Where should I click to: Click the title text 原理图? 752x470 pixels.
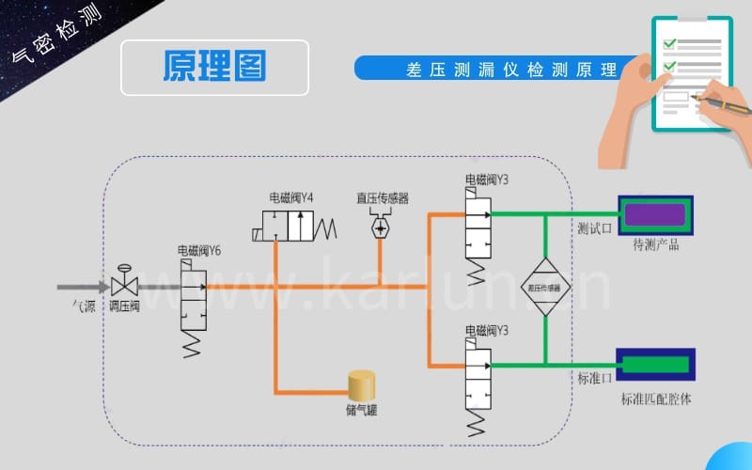pos(214,67)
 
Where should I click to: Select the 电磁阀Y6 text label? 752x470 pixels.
pos(199,251)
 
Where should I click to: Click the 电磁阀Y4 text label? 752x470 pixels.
pos(291,197)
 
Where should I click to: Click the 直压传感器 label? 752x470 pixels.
pos(382,198)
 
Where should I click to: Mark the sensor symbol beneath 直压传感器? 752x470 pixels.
pos(382,227)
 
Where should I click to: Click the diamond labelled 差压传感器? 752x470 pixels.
pos(546,287)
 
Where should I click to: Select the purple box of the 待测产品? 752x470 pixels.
pos(654,214)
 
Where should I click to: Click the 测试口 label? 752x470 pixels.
pos(594,227)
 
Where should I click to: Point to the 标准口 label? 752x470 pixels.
pos(594,378)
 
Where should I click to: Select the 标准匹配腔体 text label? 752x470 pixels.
pos(655,399)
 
